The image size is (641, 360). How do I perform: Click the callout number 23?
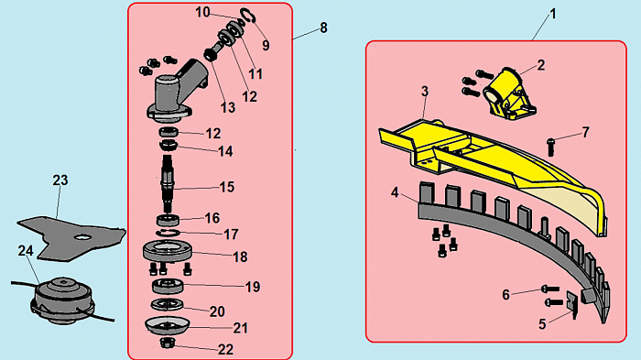[x=60, y=180]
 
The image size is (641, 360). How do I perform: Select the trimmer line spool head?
[x=62, y=300]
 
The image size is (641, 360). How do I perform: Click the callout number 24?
[x=26, y=250]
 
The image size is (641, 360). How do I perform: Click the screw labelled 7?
[x=550, y=147]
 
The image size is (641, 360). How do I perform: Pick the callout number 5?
[x=542, y=324]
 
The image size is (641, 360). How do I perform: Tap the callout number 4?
[x=395, y=192]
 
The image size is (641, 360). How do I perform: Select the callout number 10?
[x=202, y=12]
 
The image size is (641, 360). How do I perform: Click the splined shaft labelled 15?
[x=168, y=182]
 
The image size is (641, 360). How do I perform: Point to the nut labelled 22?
[x=167, y=343]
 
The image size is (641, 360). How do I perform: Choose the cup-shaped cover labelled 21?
[x=168, y=325]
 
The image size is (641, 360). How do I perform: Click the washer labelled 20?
[x=168, y=304]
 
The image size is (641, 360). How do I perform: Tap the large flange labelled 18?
[x=168, y=252]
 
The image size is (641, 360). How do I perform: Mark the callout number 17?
[x=231, y=235]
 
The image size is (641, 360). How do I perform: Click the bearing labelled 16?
[x=168, y=221]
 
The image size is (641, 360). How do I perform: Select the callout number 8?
[x=323, y=27]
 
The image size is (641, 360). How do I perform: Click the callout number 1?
[x=553, y=15]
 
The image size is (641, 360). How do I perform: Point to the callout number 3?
[x=425, y=92]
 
